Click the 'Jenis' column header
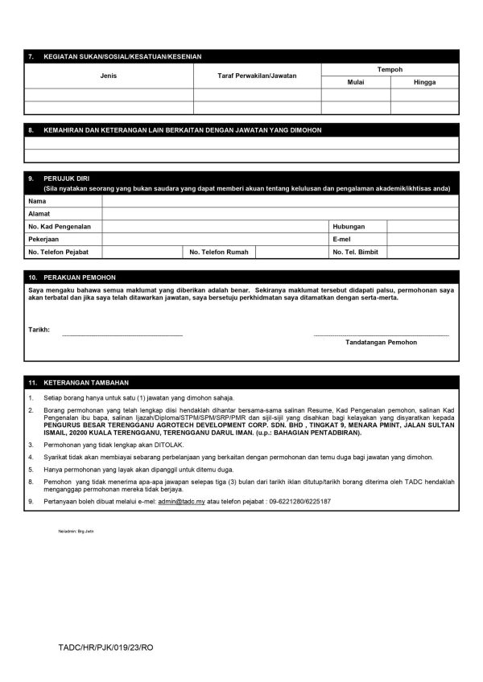click(109, 76)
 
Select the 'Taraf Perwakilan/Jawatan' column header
click(257, 76)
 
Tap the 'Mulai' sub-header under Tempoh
click(356, 82)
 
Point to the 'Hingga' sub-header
click(425, 82)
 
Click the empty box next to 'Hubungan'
click(423, 227)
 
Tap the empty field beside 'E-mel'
click(423, 240)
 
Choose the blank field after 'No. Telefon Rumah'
click(290, 253)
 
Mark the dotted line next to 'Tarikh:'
click(122, 334)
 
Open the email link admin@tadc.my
click(181, 501)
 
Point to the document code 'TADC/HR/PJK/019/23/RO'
click(105, 647)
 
